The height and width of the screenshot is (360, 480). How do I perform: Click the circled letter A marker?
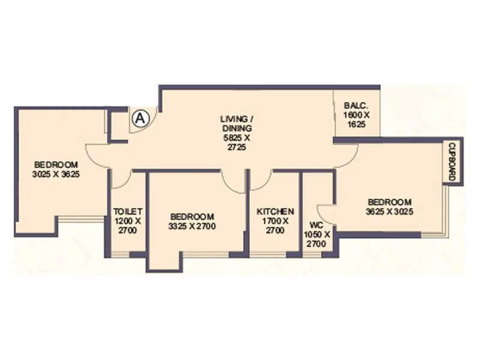[x=140, y=118]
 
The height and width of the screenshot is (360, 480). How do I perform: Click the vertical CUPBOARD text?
[x=452, y=162]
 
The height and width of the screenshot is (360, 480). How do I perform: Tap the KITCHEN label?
[x=275, y=212]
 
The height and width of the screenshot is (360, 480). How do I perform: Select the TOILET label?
[x=128, y=212]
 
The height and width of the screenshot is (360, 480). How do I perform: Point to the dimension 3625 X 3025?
[x=389, y=211]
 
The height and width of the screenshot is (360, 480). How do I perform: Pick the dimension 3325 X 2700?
[x=192, y=226]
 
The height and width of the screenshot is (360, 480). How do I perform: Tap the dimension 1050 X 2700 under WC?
[x=316, y=239]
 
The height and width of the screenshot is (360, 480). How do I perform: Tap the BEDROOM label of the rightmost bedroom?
[x=389, y=202]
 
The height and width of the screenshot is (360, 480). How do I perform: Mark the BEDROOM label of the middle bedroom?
[x=192, y=217]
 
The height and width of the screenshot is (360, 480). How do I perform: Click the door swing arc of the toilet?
[x=121, y=180]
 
